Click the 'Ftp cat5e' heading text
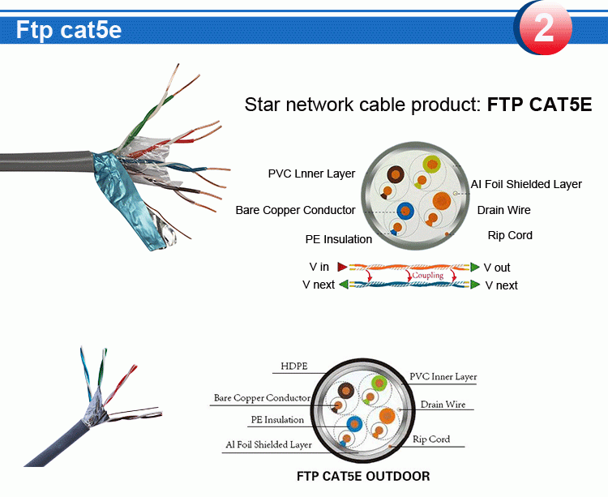coord(69,30)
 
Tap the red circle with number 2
coord(543,28)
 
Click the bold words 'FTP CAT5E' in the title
coord(539,105)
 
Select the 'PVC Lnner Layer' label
coord(312,174)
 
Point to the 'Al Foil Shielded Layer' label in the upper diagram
coord(526,184)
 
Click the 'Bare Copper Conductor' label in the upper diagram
coord(295,210)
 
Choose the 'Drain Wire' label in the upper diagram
coord(503,210)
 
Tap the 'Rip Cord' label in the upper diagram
coord(510,235)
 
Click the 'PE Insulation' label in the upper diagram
coord(339,239)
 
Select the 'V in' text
coord(319,267)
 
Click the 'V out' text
coord(497,268)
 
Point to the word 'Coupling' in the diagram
coord(427,276)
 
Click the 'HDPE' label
coord(294,366)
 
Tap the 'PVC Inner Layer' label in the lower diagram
coord(443,376)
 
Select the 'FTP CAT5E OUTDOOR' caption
coord(363,476)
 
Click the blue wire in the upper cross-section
coord(404,208)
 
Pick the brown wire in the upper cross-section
coord(397,174)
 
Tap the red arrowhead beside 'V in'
coord(342,267)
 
